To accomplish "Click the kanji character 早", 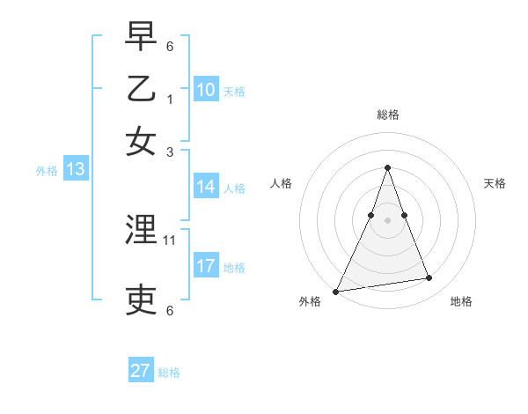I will pos(141,37).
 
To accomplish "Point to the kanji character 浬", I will pos(141,231).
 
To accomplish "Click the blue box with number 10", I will pos(205,89).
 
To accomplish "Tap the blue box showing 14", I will pos(205,186).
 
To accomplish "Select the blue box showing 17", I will pos(205,266).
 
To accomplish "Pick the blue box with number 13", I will pos(75,169).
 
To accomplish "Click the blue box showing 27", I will pos(140,371).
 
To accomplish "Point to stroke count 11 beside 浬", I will pos(170,240).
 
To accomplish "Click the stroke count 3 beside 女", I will pos(170,151).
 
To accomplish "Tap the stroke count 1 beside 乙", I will pos(170,99).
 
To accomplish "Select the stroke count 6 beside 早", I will pos(170,46).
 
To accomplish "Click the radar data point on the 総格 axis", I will pos(387,167).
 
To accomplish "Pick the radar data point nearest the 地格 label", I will pos(429,278).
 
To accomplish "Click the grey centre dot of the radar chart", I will pos(387,219).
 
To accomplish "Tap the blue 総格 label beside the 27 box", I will pos(169,373).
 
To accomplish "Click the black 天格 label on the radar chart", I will pos(495,183).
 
